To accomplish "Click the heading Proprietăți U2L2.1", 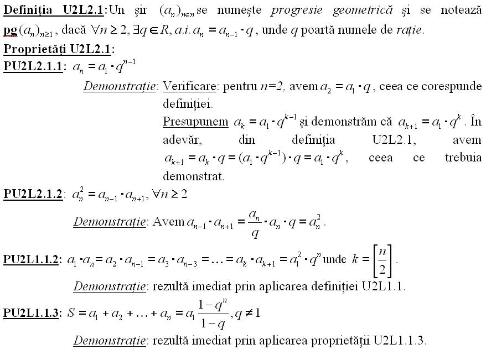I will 58,49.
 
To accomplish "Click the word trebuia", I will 463,158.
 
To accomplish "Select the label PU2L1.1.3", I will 32,314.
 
